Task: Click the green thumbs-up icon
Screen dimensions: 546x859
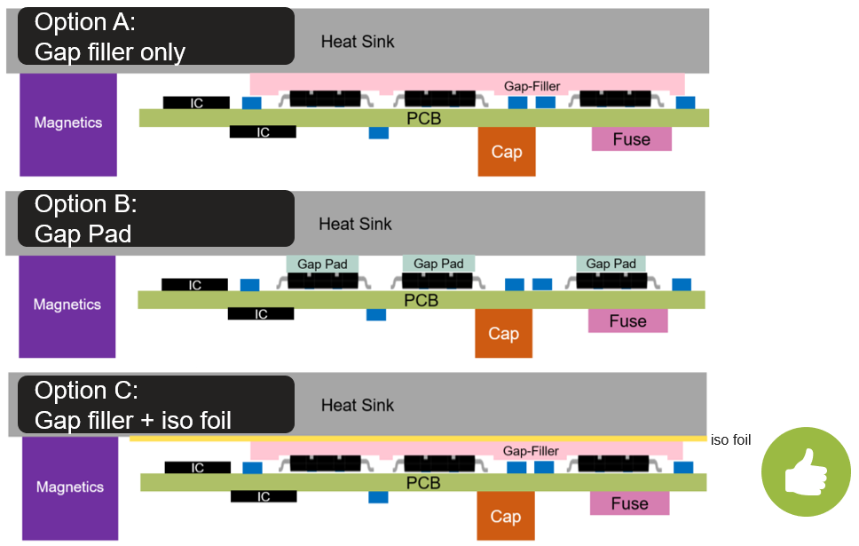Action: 806,471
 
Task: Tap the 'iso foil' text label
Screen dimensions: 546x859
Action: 731,439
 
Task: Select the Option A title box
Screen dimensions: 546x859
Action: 155,36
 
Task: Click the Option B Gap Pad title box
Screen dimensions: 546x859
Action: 155,218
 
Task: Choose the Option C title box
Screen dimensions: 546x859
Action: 155,405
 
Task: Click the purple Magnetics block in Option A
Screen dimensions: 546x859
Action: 68,123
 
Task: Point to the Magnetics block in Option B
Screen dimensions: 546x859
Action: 67,305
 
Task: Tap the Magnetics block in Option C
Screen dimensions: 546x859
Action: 69,487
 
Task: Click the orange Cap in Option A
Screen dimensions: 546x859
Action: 507,152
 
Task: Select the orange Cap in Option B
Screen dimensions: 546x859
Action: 503,334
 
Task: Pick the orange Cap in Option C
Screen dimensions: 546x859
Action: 505,516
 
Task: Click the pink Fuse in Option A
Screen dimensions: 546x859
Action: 631,139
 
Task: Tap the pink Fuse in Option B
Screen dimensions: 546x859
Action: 627,321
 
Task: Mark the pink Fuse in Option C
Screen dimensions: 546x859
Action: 629,503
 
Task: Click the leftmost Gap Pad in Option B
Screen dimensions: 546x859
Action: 322,264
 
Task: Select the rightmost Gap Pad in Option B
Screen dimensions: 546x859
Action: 611,264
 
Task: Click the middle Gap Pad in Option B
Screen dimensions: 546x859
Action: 438,264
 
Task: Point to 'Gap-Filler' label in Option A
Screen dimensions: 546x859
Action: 532,86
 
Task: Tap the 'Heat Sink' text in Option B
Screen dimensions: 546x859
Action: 356,224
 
